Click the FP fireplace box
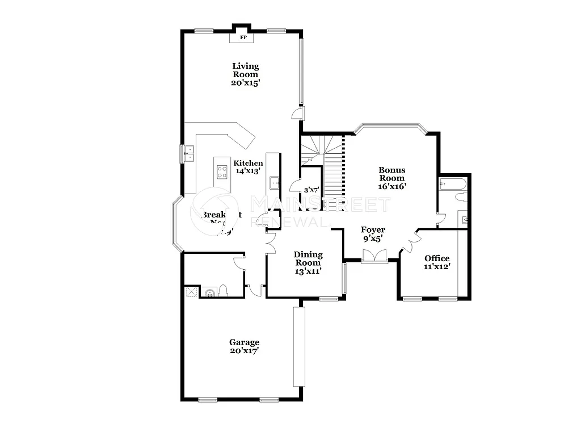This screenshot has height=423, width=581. click(x=243, y=37)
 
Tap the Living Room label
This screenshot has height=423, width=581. click(x=246, y=70)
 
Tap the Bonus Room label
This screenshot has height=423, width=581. click(x=392, y=174)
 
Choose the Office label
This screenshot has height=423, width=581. click(x=437, y=258)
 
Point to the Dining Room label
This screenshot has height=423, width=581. click(x=308, y=258)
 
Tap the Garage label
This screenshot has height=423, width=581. click(x=244, y=342)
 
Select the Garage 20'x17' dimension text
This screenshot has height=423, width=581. click(x=244, y=350)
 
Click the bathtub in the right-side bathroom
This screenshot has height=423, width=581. click(x=452, y=183)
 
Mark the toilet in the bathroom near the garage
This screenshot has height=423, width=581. click(x=223, y=291)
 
